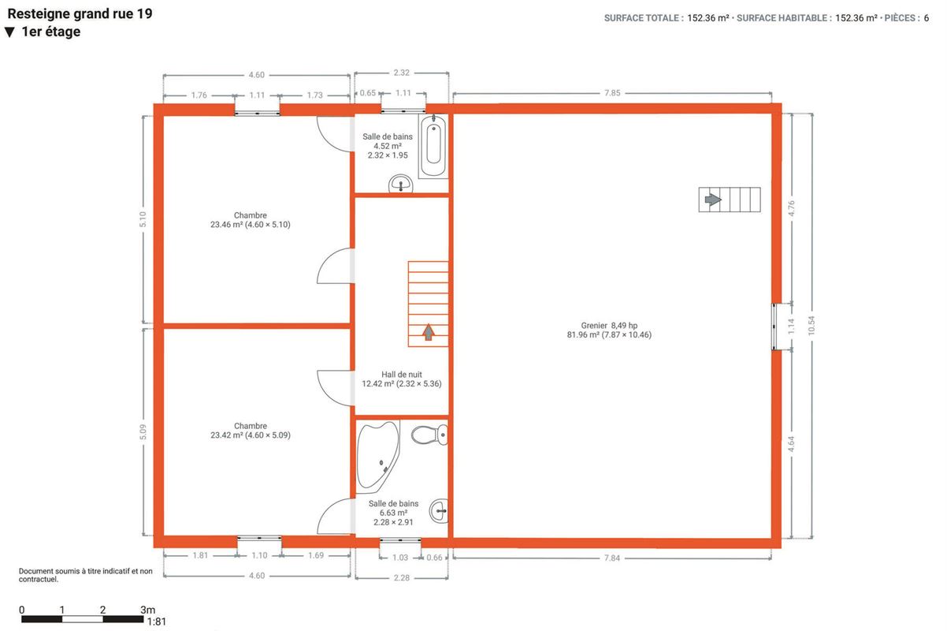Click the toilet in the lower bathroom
pos(429,435)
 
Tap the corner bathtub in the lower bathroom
pos(377,456)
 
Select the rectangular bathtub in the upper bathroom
pos(433,146)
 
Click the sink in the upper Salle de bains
pos(400,184)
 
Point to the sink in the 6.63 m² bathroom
pos(439,511)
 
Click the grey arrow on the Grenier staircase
pos(713,200)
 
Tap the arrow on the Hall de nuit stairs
pos(429,332)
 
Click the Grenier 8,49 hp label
pos(609,326)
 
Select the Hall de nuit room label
pos(402,375)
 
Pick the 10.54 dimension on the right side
pos(811,326)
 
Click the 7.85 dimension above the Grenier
pos(612,93)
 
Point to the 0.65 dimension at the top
pos(367,93)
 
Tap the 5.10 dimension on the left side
pos(143,219)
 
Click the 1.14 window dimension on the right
pos(791,326)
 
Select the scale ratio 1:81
pos(157,622)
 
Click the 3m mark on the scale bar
pos(147,610)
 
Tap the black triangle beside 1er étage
pos(9,32)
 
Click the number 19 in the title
pos(144,13)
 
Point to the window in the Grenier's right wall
pos(774,327)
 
